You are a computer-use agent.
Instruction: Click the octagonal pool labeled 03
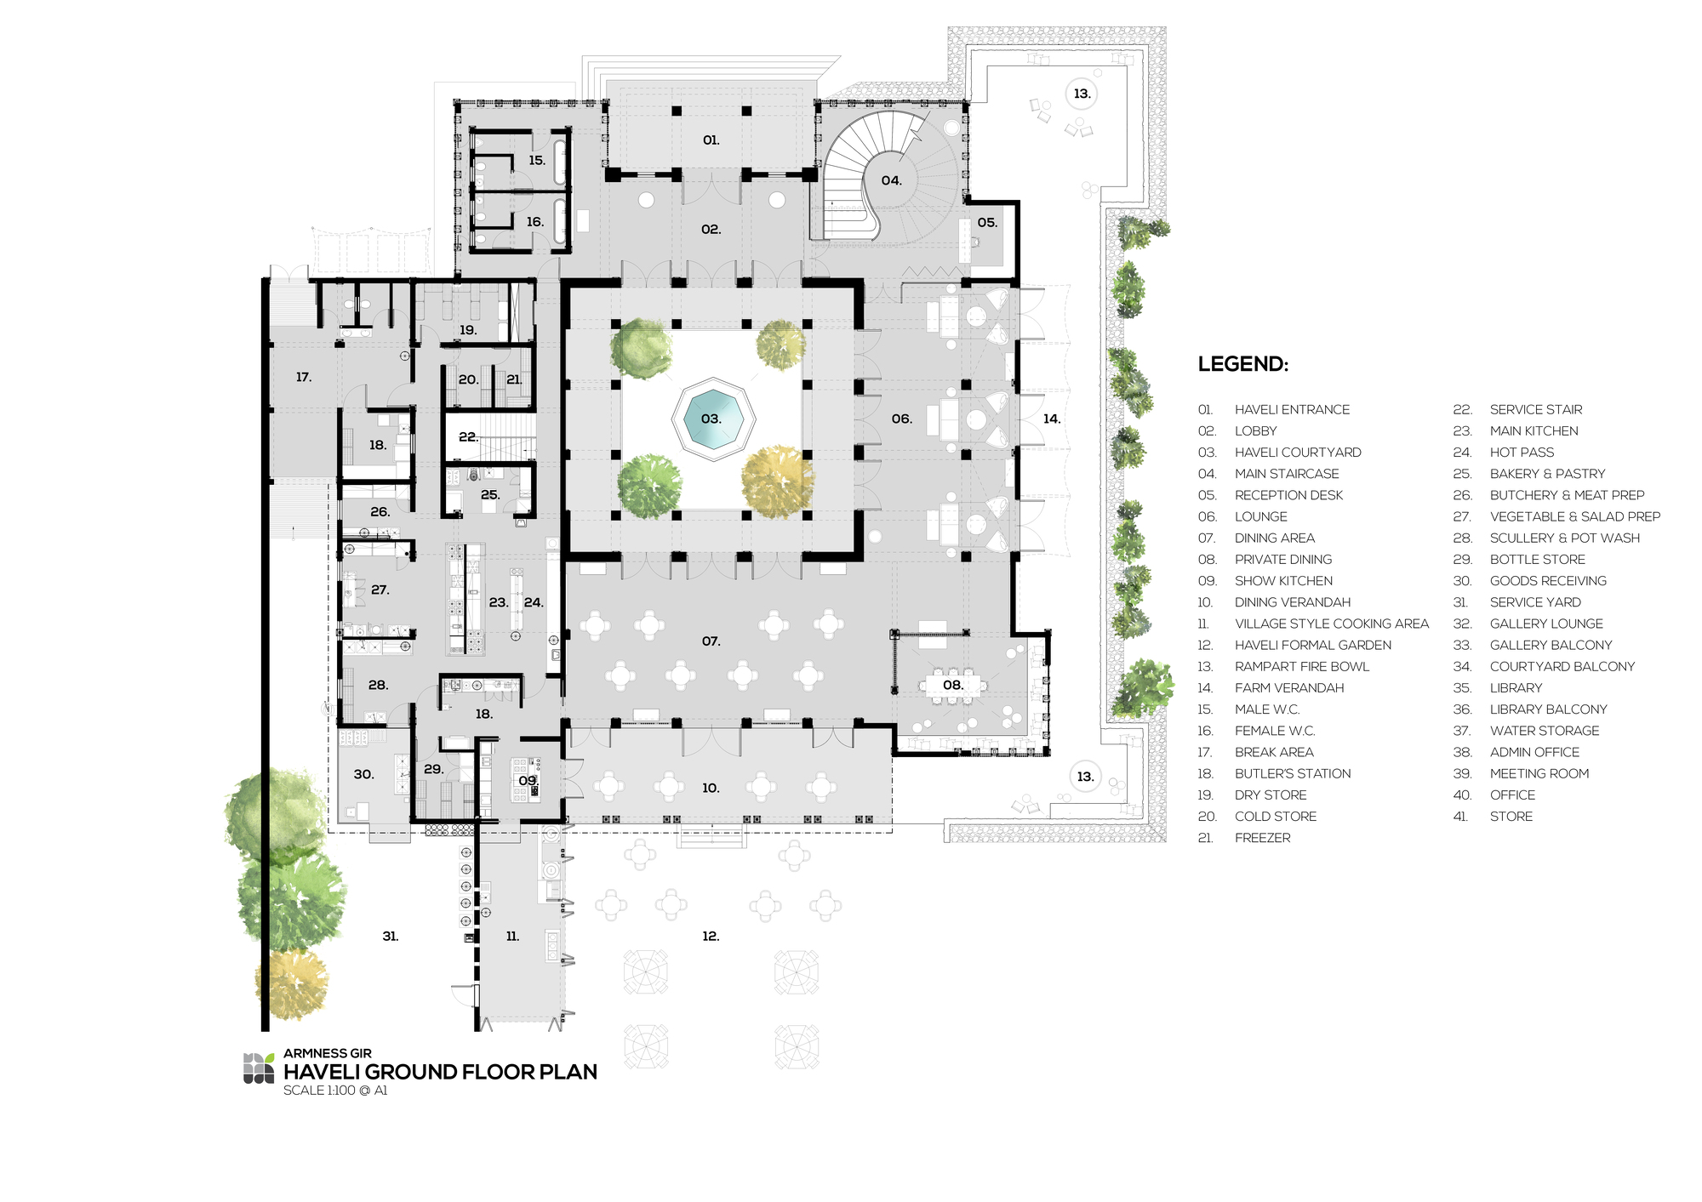pos(712,419)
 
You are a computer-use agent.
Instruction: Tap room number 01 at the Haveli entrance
pos(711,140)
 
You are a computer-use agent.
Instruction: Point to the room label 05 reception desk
pos(986,223)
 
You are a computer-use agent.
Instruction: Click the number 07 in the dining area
pos(711,641)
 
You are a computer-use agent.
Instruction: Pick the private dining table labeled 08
pos(951,686)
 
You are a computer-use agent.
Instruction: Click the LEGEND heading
pos(1242,364)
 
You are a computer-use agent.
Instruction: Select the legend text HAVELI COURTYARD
pos(1297,453)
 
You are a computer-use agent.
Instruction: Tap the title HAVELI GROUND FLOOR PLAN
pos(440,1072)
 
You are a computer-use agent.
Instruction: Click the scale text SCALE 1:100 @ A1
pos(335,1091)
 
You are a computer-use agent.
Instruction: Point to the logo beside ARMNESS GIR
pos(259,1068)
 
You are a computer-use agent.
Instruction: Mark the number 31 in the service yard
pos(390,937)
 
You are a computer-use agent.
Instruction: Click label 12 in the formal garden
pos(711,937)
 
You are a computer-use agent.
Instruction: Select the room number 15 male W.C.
pos(536,161)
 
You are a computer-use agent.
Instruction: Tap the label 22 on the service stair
pos(467,437)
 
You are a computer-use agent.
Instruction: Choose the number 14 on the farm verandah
pos(1052,419)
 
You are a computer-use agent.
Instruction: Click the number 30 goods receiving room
pos(363,775)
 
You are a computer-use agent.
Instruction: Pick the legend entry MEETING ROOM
pos(1539,774)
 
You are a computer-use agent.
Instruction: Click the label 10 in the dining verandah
pos(711,789)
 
